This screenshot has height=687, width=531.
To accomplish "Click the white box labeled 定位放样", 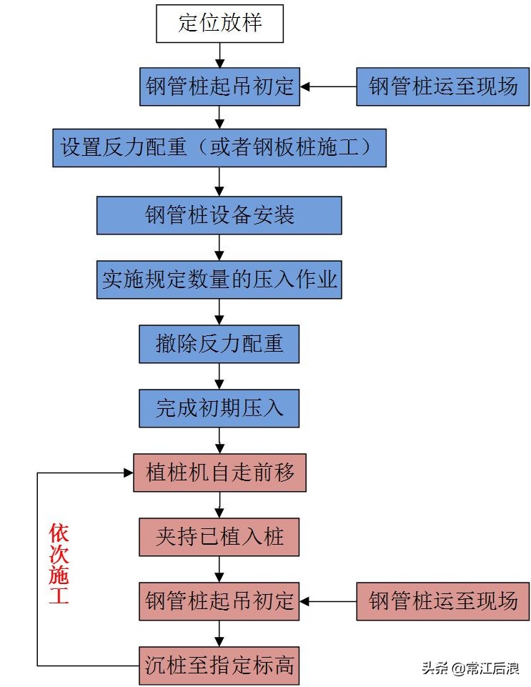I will click(219, 24).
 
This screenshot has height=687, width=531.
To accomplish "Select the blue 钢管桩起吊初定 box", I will click(219, 87).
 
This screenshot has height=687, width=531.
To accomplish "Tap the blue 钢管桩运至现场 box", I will click(442, 87).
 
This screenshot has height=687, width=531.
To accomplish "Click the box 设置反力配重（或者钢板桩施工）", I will click(219, 148).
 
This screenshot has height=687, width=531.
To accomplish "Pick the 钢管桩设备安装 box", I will click(219, 215).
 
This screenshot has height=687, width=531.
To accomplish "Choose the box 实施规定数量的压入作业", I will click(219, 279).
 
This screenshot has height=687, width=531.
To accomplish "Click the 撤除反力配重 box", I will click(219, 343).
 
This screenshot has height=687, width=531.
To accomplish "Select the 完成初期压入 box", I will click(219, 408).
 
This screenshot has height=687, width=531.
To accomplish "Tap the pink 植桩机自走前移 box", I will click(219, 472).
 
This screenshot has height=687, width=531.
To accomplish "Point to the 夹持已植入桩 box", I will click(219, 536).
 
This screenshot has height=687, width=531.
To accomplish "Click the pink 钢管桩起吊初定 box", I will click(219, 600).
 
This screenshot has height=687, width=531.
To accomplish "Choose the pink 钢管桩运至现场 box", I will click(442, 600).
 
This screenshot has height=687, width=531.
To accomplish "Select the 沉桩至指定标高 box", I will click(219, 666).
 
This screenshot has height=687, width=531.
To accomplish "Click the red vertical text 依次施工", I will click(59, 565).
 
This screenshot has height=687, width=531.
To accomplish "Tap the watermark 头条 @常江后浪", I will click(470, 668).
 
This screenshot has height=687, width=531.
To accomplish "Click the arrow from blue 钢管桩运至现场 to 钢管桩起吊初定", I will click(328, 87).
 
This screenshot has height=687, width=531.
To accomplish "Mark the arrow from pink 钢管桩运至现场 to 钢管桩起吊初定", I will click(328, 600).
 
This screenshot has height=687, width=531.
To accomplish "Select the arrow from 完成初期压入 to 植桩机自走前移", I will click(219, 440).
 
